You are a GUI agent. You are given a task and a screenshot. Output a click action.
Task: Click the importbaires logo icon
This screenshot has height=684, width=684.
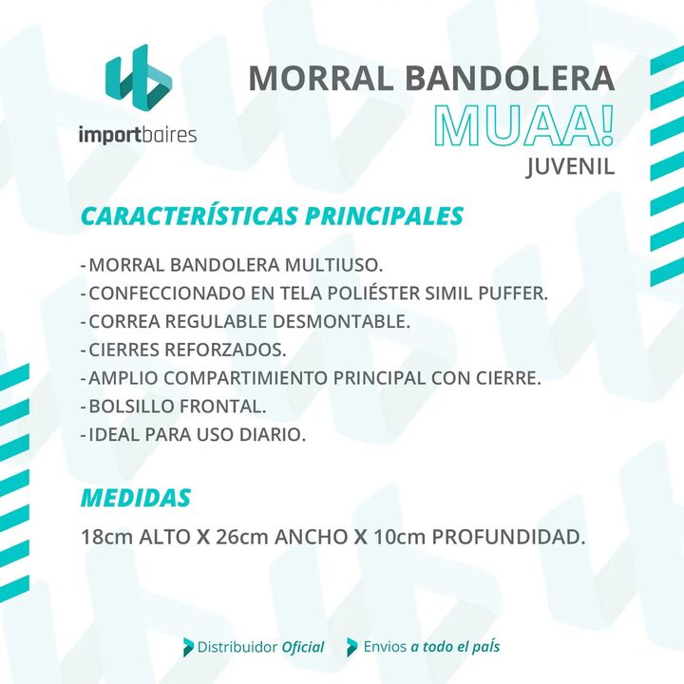(x=139, y=76)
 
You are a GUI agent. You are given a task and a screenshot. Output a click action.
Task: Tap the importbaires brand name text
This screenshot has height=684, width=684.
(x=138, y=135)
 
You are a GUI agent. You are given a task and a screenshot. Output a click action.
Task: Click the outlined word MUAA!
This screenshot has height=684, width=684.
(x=523, y=126)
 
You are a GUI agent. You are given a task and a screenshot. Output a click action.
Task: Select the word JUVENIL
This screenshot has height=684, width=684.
(x=570, y=166)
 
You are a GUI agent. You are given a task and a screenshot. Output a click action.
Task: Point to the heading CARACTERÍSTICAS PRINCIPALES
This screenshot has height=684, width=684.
(x=272, y=216)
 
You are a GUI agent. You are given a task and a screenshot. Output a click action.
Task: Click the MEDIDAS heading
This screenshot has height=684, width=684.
(x=136, y=498)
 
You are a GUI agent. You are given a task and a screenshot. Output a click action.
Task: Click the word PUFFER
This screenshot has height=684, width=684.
(x=513, y=294)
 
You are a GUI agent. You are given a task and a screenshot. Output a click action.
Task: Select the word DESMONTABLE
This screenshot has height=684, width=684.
(x=341, y=321)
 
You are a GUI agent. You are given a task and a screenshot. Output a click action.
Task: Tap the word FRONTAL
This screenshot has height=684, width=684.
(x=222, y=407)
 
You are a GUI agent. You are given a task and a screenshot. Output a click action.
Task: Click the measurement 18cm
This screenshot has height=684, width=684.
(x=106, y=537)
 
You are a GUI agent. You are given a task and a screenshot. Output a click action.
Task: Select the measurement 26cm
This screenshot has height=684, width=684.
(x=242, y=537)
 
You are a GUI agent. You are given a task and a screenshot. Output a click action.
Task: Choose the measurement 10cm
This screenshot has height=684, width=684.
(x=400, y=537)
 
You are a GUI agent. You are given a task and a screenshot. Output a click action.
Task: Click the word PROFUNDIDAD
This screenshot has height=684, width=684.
(x=508, y=537)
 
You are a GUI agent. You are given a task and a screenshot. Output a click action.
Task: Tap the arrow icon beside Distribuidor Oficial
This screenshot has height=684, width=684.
(x=188, y=647)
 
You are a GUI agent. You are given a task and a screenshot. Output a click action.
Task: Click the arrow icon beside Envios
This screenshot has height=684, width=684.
(x=352, y=647)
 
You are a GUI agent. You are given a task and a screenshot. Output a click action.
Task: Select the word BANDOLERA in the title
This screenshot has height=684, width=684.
(x=510, y=78)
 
